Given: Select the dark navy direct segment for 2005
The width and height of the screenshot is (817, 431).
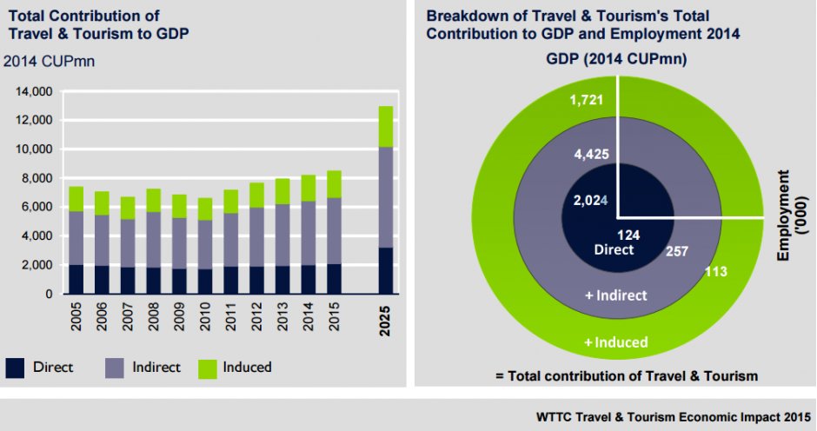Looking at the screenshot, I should [76, 279].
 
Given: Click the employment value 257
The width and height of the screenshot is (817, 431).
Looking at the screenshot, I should [677, 250].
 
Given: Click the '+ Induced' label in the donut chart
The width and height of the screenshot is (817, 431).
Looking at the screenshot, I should [616, 342].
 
